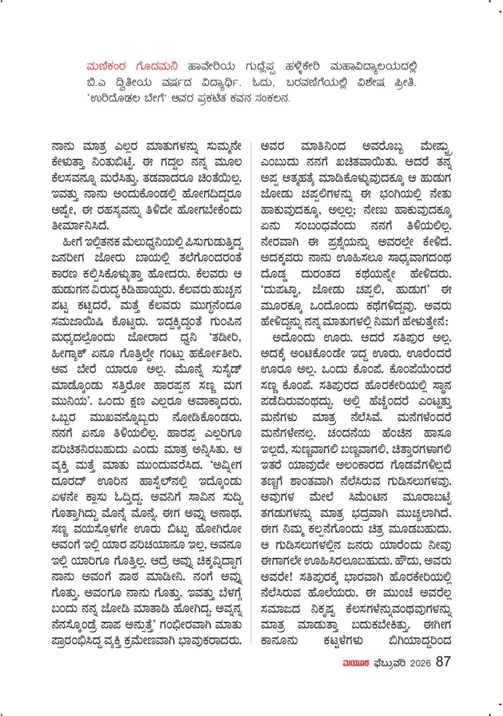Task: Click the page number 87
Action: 443,662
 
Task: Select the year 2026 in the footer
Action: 420,662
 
